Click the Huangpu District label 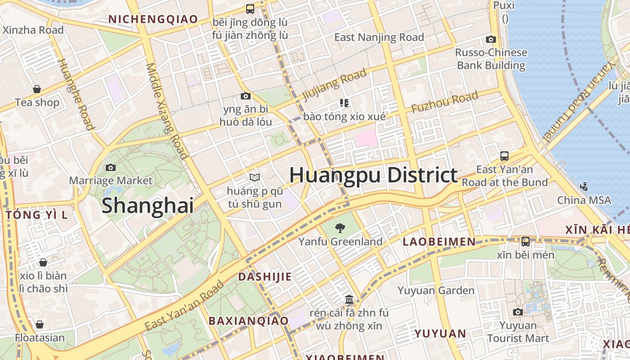(373, 175)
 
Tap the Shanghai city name (148, 206)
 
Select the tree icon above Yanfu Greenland (341, 228)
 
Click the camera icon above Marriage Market (111, 167)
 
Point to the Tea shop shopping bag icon (37, 89)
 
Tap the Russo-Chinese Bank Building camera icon (491, 39)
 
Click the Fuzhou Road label (444, 102)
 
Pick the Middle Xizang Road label (166, 111)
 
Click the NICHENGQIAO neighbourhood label (153, 19)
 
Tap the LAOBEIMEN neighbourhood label (439, 242)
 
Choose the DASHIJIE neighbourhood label (265, 277)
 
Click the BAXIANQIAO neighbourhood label (248, 321)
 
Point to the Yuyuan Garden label (436, 291)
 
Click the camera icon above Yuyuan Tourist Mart (518, 312)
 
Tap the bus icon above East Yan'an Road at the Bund (504, 156)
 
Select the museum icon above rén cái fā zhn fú (349, 299)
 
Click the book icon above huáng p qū (255, 178)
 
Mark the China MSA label (584, 200)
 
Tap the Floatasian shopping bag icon (40, 324)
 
